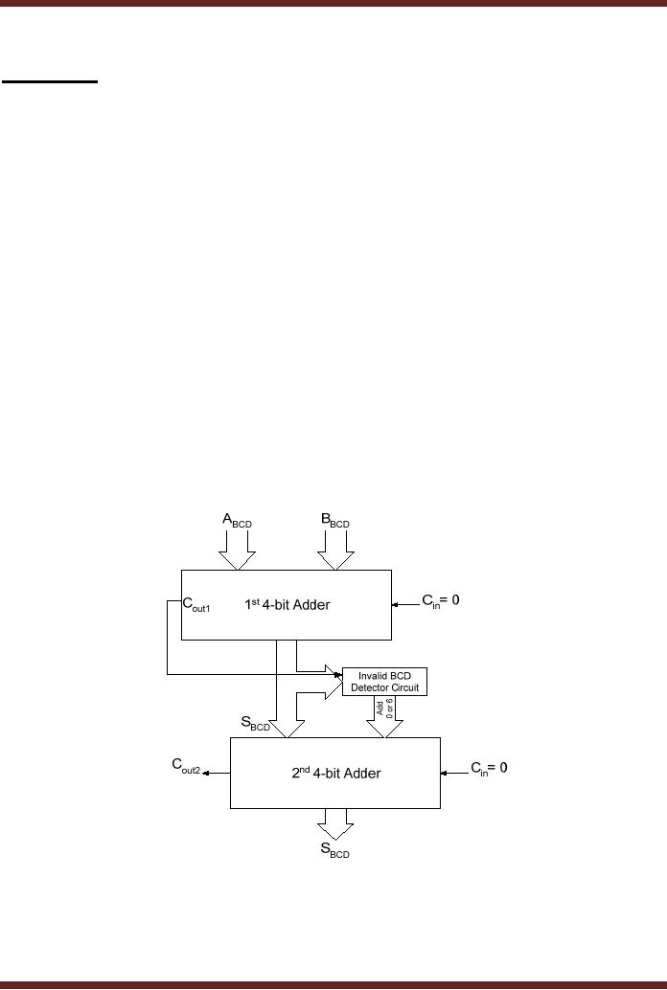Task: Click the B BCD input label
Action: [x=334, y=522]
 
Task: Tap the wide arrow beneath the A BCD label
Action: [x=235, y=552]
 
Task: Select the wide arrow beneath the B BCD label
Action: [x=335, y=552]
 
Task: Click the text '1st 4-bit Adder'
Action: [x=287, y=604]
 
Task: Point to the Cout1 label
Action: [x=196, y=604]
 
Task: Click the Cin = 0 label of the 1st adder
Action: [x=441, y=602]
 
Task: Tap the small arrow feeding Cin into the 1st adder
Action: [x=403, y=605]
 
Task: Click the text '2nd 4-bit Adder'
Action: [x=335, y=773]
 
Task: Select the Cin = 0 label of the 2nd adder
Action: [x=488, y=769]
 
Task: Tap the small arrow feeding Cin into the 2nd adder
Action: [x=451, y=772]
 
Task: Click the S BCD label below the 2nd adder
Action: [x=334, y=850]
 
